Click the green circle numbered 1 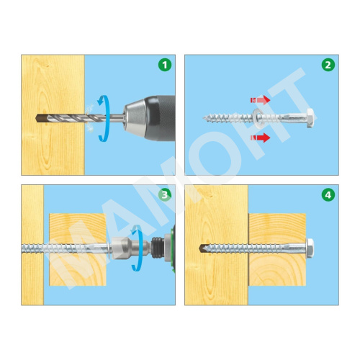click(165, 65)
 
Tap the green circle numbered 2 click(328, 65)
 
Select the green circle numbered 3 click(165, 194)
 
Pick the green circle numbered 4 click(328, 194)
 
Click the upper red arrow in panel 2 click(261, 100)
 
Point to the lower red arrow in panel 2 click(261, 138)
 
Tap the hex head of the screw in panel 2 click(310, 118)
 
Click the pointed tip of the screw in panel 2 click(203, 118)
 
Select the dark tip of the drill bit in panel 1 click(39, 118)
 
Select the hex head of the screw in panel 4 click(310, 248)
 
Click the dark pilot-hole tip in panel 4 click(203, 248)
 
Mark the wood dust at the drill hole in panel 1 click(89, 118)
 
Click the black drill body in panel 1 click(161, 118)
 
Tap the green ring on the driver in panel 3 click(173, 248)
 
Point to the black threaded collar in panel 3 click(158, 248)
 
